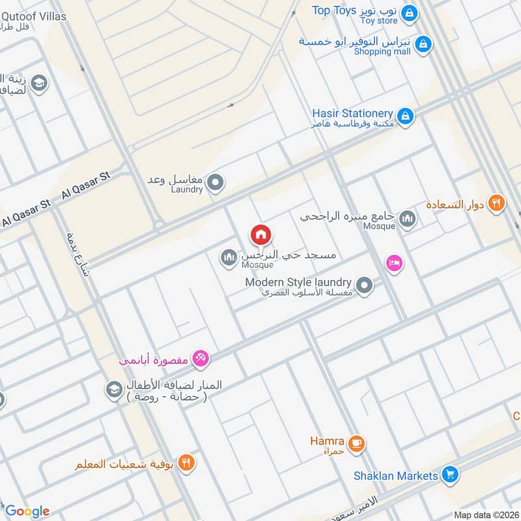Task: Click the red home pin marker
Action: coord(260,234)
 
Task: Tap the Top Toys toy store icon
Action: coord(409,12)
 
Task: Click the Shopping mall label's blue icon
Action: coord(423,44)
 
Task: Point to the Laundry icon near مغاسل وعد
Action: coord(216,183)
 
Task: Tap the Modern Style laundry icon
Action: coord(365,285)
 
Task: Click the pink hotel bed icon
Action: coord(394,263)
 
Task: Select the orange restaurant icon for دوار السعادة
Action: coord(497,203)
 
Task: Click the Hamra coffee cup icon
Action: coord(356,444)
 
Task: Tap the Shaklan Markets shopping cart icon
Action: coord(449,475)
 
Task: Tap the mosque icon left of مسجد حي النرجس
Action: coord(228,259)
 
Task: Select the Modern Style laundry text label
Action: coord(298,283)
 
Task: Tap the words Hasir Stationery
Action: coord(352,114)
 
